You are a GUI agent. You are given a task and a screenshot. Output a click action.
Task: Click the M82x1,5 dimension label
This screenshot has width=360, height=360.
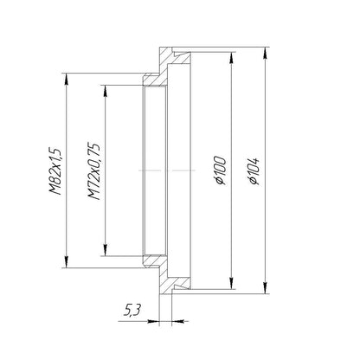click(x=55, y=171)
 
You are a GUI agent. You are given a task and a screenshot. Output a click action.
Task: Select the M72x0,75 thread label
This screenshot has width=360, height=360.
click(x=94, y=171)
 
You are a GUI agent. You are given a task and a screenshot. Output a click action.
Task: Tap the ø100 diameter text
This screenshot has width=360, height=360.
click(x=221, y=170)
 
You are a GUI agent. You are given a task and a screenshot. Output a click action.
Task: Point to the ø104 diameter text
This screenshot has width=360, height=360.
click(x=254, y=171)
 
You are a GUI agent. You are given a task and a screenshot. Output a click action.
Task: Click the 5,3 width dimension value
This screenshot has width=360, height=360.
click(x=132, y=311)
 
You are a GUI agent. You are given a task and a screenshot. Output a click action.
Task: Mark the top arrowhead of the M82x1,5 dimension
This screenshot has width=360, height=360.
click(x=67, y=79)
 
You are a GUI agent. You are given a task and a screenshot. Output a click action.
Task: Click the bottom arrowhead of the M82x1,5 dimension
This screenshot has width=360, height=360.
click(x=67, y=262)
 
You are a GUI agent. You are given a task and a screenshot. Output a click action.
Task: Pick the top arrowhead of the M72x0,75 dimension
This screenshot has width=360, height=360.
click(x=106, y=91)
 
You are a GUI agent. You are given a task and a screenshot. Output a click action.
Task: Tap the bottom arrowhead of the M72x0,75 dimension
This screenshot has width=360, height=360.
click(x=106, y=250)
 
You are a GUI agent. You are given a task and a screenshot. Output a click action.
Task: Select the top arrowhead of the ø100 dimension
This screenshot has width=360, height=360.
click(x=231, y=58)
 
